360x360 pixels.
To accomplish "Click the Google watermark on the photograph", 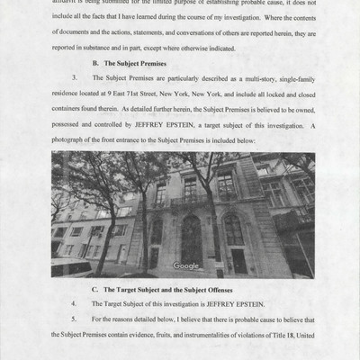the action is pyautogui.click(x=187, y=266).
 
